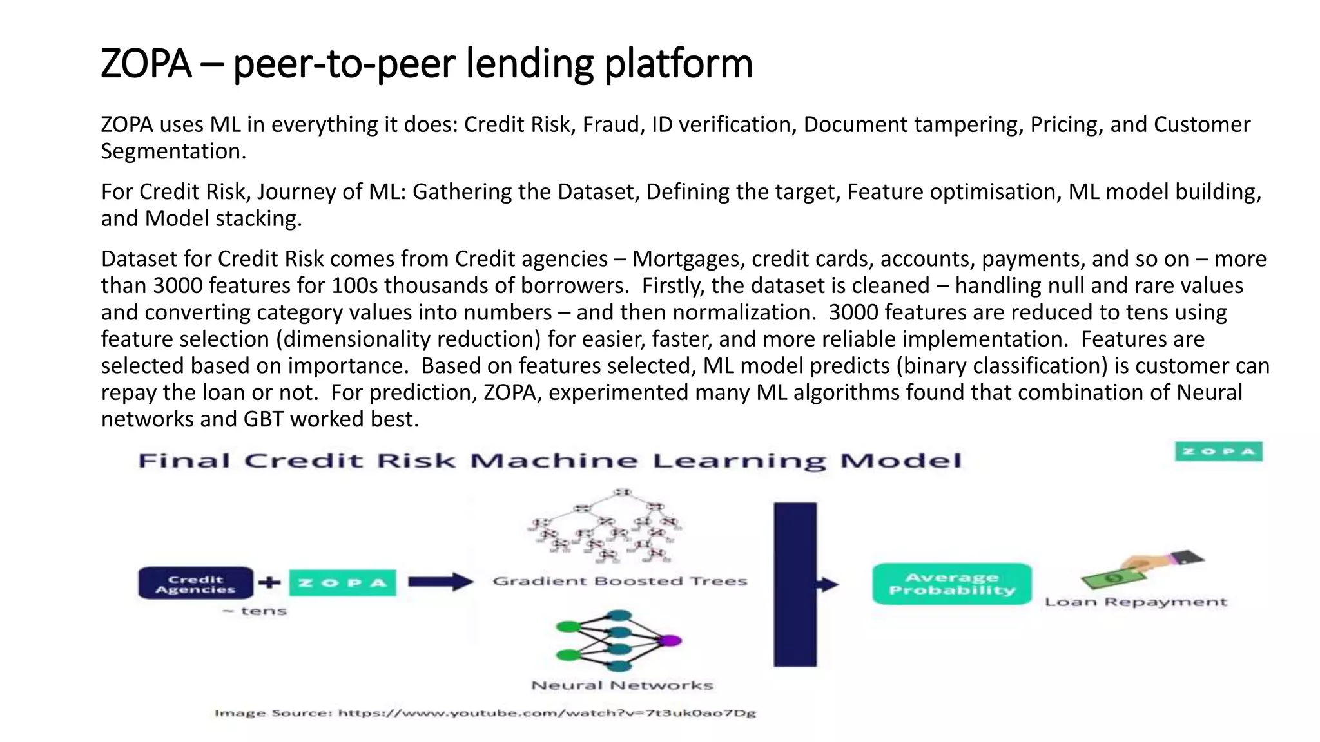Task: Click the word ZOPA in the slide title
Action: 146,64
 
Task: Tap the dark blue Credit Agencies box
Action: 195,584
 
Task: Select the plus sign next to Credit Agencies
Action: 269,583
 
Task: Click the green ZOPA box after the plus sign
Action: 342,583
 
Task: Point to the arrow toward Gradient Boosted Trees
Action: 440,582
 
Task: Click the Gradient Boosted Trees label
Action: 619,582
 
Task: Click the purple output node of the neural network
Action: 670,641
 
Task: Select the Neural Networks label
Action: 622,686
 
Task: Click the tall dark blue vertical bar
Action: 795,584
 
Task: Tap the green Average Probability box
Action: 951,584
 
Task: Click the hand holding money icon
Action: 1141,569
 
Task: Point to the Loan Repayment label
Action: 1136,602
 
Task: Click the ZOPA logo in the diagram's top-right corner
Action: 1218,452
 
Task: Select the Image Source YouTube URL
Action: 547,713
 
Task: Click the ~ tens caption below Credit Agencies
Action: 255,611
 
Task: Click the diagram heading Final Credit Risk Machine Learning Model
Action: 549,461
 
